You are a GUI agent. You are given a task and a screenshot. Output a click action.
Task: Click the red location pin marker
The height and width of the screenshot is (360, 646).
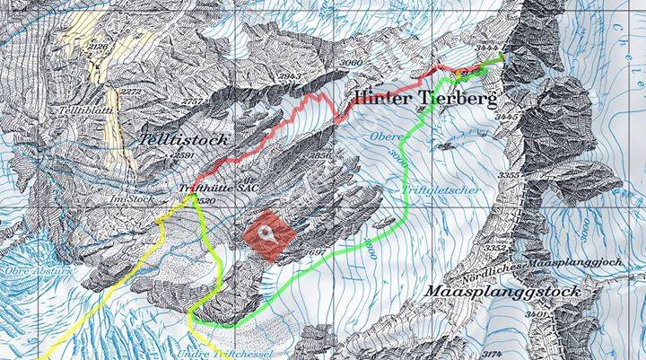pos(268,232)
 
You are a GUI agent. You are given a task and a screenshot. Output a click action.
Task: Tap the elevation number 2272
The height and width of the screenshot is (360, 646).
pos(131,92)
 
